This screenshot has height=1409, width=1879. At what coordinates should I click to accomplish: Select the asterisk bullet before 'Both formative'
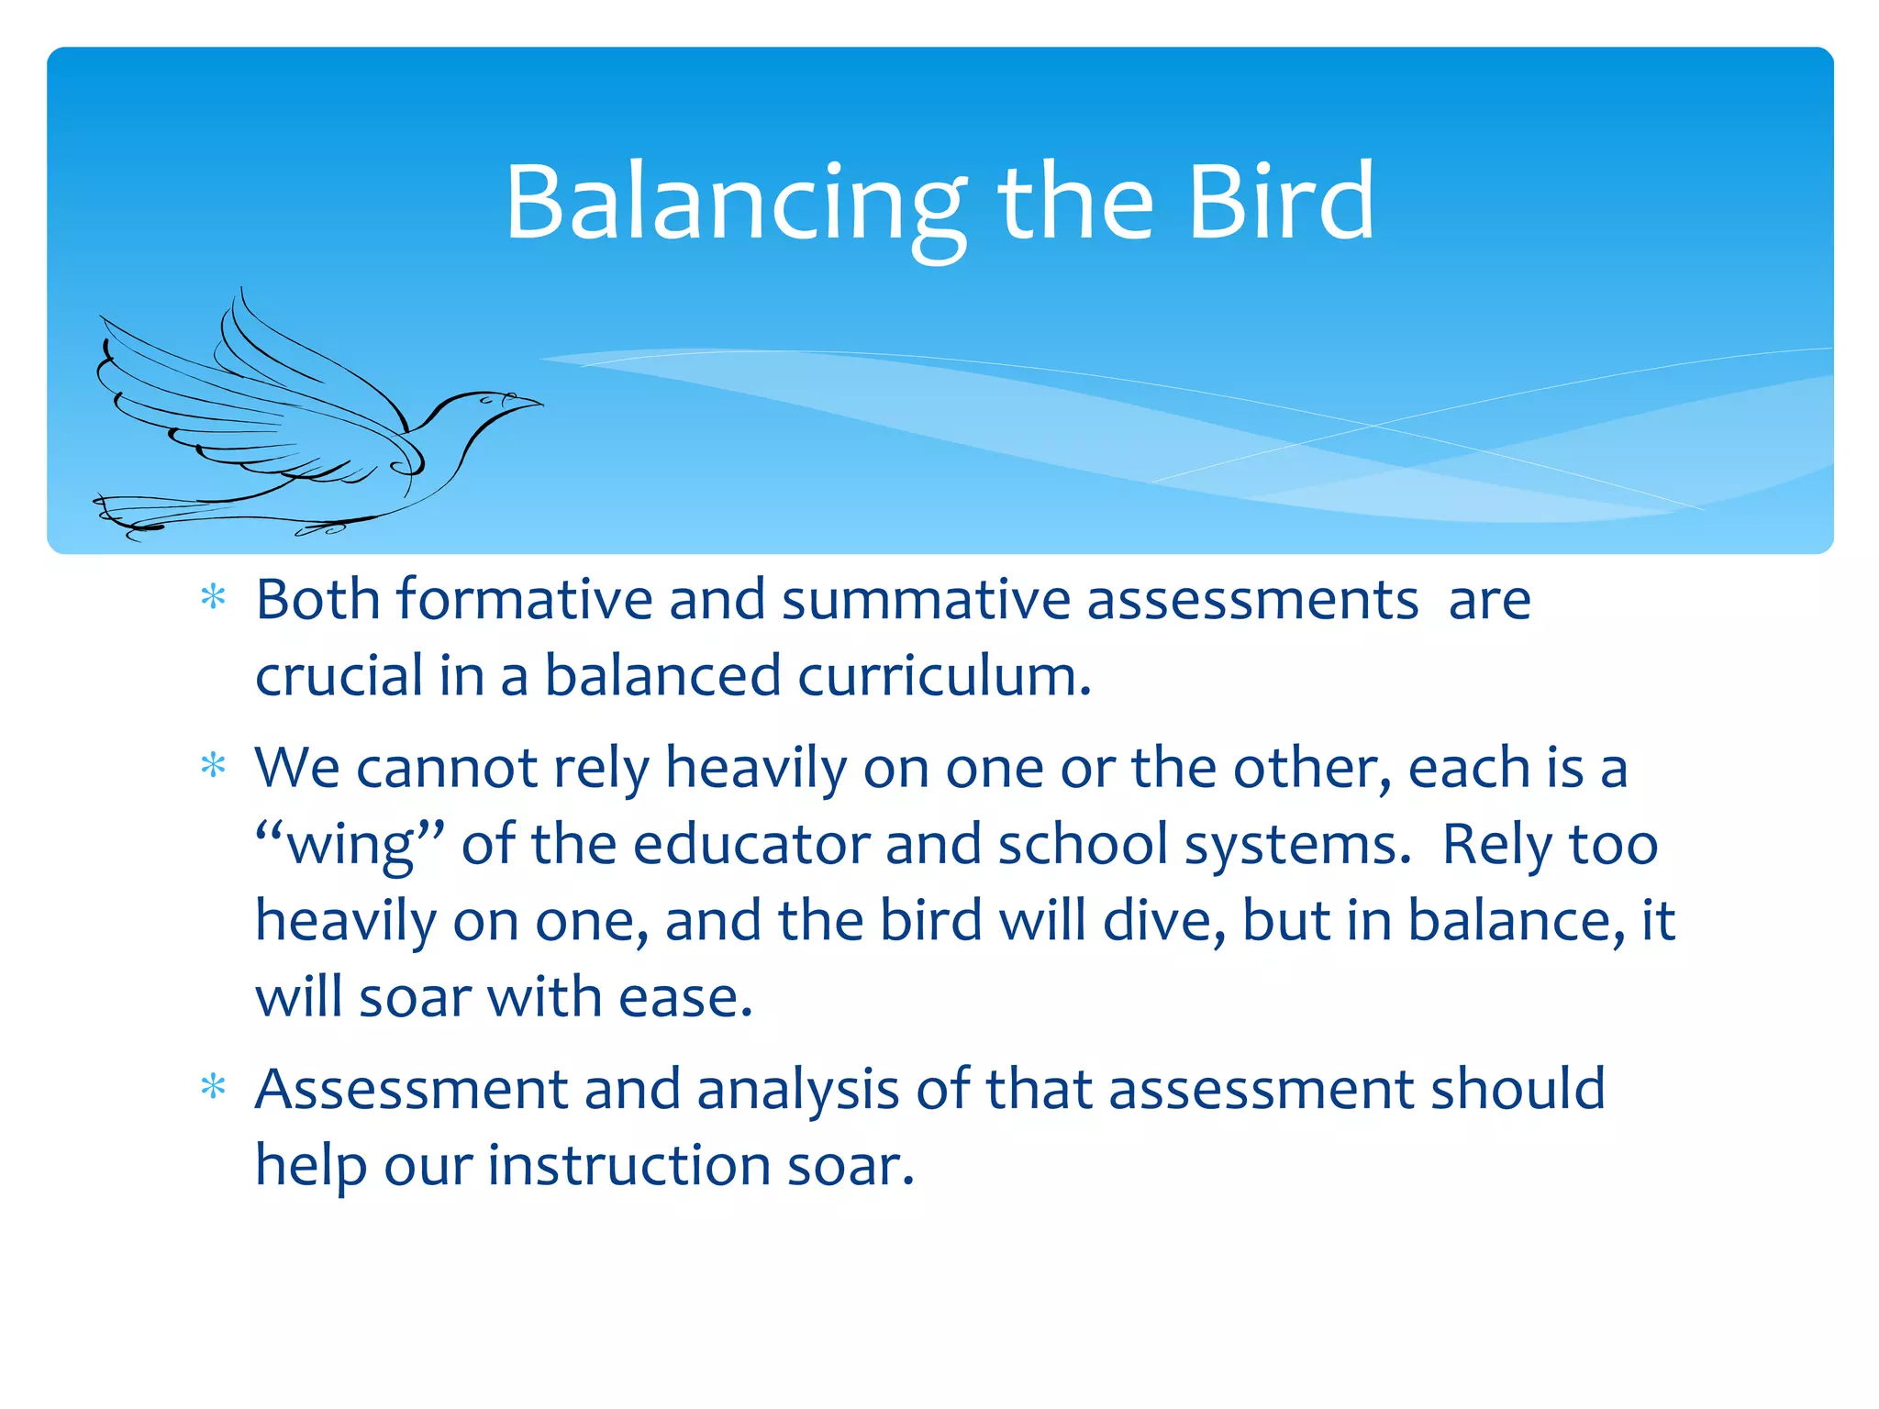tap(213, 598)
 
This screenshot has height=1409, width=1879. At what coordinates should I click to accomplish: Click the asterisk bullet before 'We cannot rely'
tap(213, 765)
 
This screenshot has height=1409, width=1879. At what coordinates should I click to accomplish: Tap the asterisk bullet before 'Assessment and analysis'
tap(213, 1087)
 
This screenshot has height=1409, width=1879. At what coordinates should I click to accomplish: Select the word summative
tap(926, 600)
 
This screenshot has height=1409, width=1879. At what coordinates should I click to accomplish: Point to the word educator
tap(750, 844)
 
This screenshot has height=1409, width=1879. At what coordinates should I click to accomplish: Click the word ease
tap(684, 997)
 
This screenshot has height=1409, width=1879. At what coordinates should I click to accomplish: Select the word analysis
tap(797, 1090)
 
